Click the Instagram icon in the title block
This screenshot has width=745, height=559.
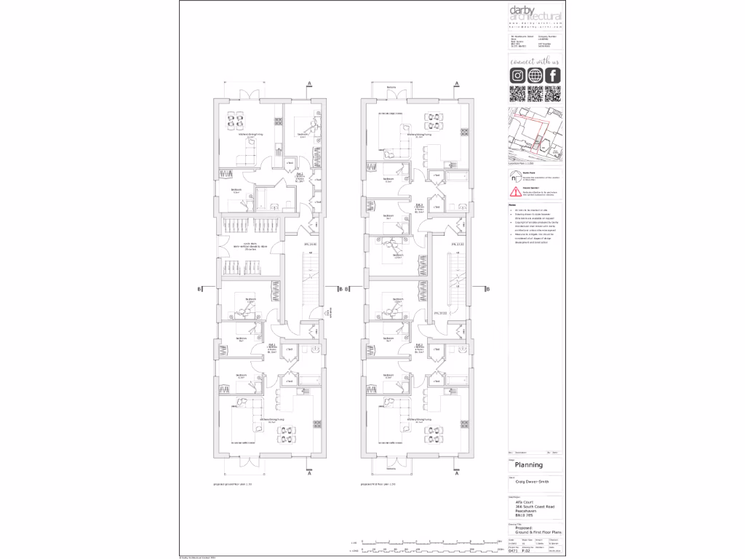click(x=517, y=76)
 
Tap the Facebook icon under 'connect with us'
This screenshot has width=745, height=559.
click(x=553, y=76)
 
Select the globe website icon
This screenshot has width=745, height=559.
click(x=535, y=76)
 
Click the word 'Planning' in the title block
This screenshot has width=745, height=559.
click(x=529, y=464)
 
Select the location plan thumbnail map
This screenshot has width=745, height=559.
click(x=535, y=135)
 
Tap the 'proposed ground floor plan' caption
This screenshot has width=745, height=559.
click(x=232, y=484)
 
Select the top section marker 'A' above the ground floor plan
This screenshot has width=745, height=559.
click(x=309, y=84)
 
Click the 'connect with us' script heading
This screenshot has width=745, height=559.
click(x=535, y=62)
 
